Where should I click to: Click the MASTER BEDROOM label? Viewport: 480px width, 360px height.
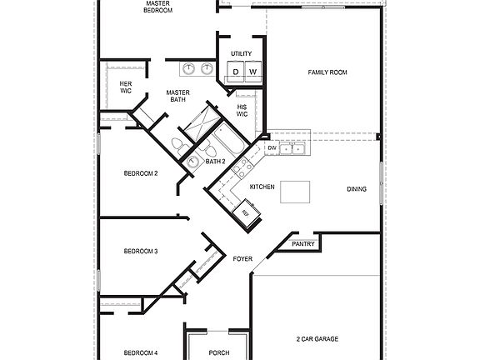(x=158, y=7)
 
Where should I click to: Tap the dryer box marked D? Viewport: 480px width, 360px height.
(x=236, y=72)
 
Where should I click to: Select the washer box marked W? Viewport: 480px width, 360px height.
(x=252, y=72)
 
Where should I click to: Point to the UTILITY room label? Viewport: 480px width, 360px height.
(x=242, y=53)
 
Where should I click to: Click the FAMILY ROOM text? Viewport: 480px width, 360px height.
(x=327, y=72)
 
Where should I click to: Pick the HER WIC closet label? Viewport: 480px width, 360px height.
(x=126, y=87)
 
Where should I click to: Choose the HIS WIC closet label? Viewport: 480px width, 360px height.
(x=242, y=110)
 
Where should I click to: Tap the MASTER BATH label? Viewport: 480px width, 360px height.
(x=177, y=96)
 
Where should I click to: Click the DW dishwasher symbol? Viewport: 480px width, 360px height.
(x=272, y=148)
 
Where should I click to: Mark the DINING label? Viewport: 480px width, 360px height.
(x=357, y=189)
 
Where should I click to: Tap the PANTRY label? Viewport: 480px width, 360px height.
(x=303, y=244)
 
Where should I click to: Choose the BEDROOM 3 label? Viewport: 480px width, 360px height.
(x=141, y=251)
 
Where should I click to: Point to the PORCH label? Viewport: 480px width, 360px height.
(x=219, y=352)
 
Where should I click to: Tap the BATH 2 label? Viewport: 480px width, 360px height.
(x=215, y=161)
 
